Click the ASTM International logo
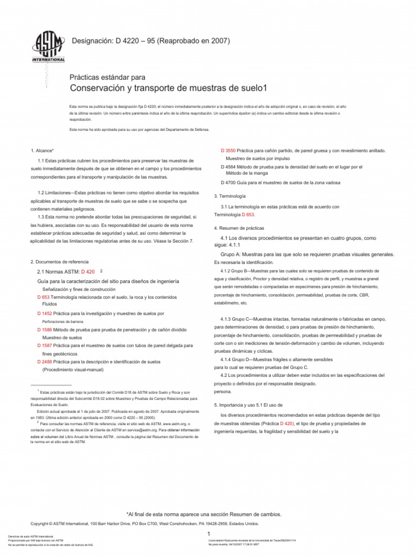[50, 48]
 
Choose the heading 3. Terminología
[230, 195]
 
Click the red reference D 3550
[228, 149]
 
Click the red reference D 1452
[45, 314]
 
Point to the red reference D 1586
[45, 330]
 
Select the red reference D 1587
[45, 345]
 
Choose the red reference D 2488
[45, 361]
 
